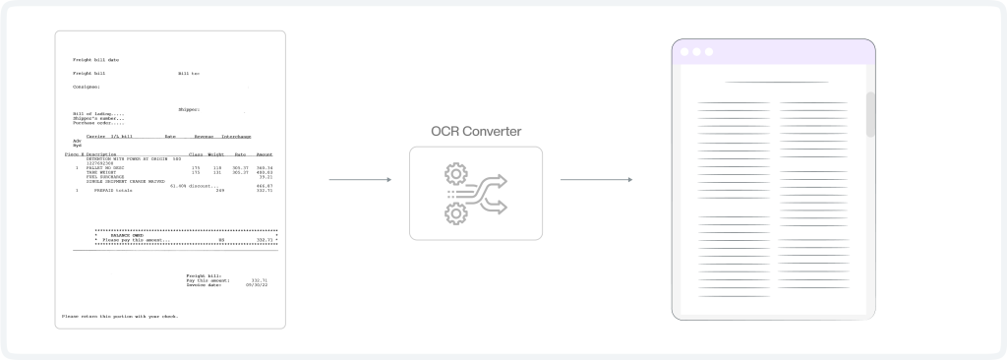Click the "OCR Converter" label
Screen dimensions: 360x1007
coord(476,132)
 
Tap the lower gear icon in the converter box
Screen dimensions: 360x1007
coord(454,212)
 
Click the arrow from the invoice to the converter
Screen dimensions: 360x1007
coord(360,180)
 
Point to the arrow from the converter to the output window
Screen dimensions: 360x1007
coord(595,180)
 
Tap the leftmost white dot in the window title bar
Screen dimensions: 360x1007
coord(682,52)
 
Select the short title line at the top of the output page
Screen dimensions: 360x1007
coord(776,82)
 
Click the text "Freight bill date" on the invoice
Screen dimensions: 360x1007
coord(95,60)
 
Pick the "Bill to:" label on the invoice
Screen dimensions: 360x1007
coord(189,74)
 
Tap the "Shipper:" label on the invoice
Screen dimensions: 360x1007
coord(189,109)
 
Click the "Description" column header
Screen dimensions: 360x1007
coord(102,154)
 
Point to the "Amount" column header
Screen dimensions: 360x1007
coord(264,154)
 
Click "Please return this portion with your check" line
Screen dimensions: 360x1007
coord(120,316)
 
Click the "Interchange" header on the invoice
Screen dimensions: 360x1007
coord(236,136)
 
